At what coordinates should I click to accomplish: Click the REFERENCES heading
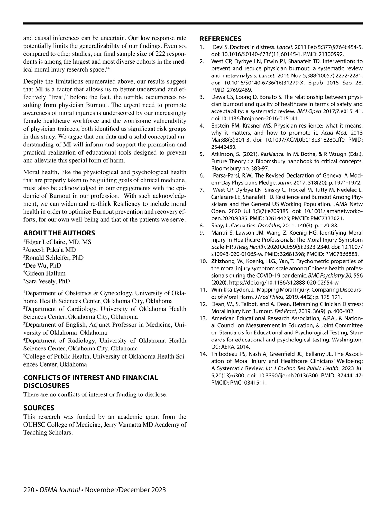[x=220, y=39]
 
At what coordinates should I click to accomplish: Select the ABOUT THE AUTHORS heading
[x=59, y=233]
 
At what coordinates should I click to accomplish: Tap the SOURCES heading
[x=39, y=408]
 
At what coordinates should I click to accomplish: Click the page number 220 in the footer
[x=29, y=490]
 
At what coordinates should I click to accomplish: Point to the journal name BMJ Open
[x=308, y=111]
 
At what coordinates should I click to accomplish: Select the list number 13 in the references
[x=203, y=318]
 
